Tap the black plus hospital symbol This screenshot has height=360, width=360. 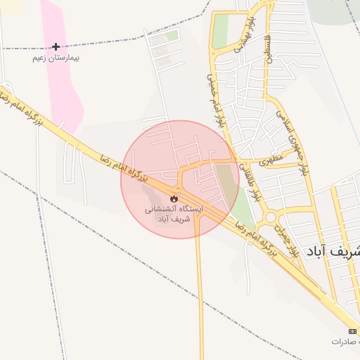pyautogui.click(x=56, y=47)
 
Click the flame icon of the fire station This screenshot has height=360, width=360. pyautogui.click(x=174, y=199)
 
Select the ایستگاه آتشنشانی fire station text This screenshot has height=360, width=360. pyautogui.click(x=173, y=210)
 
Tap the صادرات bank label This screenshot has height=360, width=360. pyautogui.click(x=347, y=341)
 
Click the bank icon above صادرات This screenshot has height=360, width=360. pyautogui.click(x=352, y=330)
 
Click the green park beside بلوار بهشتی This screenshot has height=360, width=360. pyautogui.click(x=221, y=31)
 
